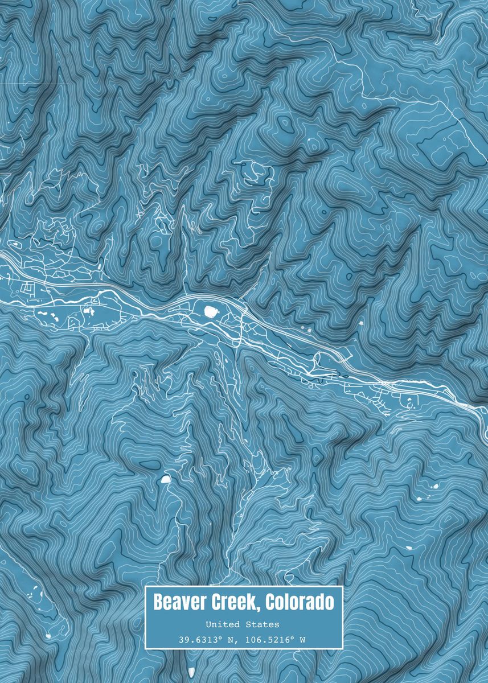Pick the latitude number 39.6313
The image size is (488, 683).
(195, 640)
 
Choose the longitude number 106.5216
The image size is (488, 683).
(265, 640)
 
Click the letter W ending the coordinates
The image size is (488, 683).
(302, 640)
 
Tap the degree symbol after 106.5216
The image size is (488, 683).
(292, 637)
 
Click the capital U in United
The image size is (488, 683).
(208, 625)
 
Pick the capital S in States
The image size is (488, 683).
(252, 625)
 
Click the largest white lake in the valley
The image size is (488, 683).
(211, 311)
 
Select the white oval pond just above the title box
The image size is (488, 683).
(166, 479)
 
